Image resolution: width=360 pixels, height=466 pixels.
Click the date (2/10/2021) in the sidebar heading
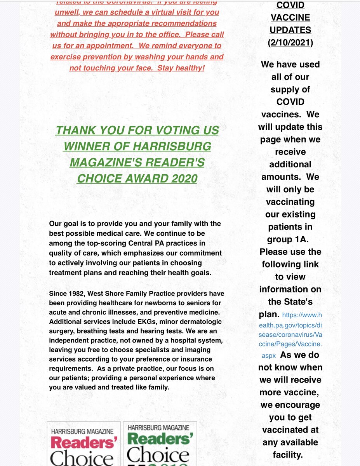coord(290,42)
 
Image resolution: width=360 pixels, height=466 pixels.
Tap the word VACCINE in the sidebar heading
coord(290,17)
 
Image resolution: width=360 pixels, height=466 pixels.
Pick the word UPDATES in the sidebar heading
coord(290,30)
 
